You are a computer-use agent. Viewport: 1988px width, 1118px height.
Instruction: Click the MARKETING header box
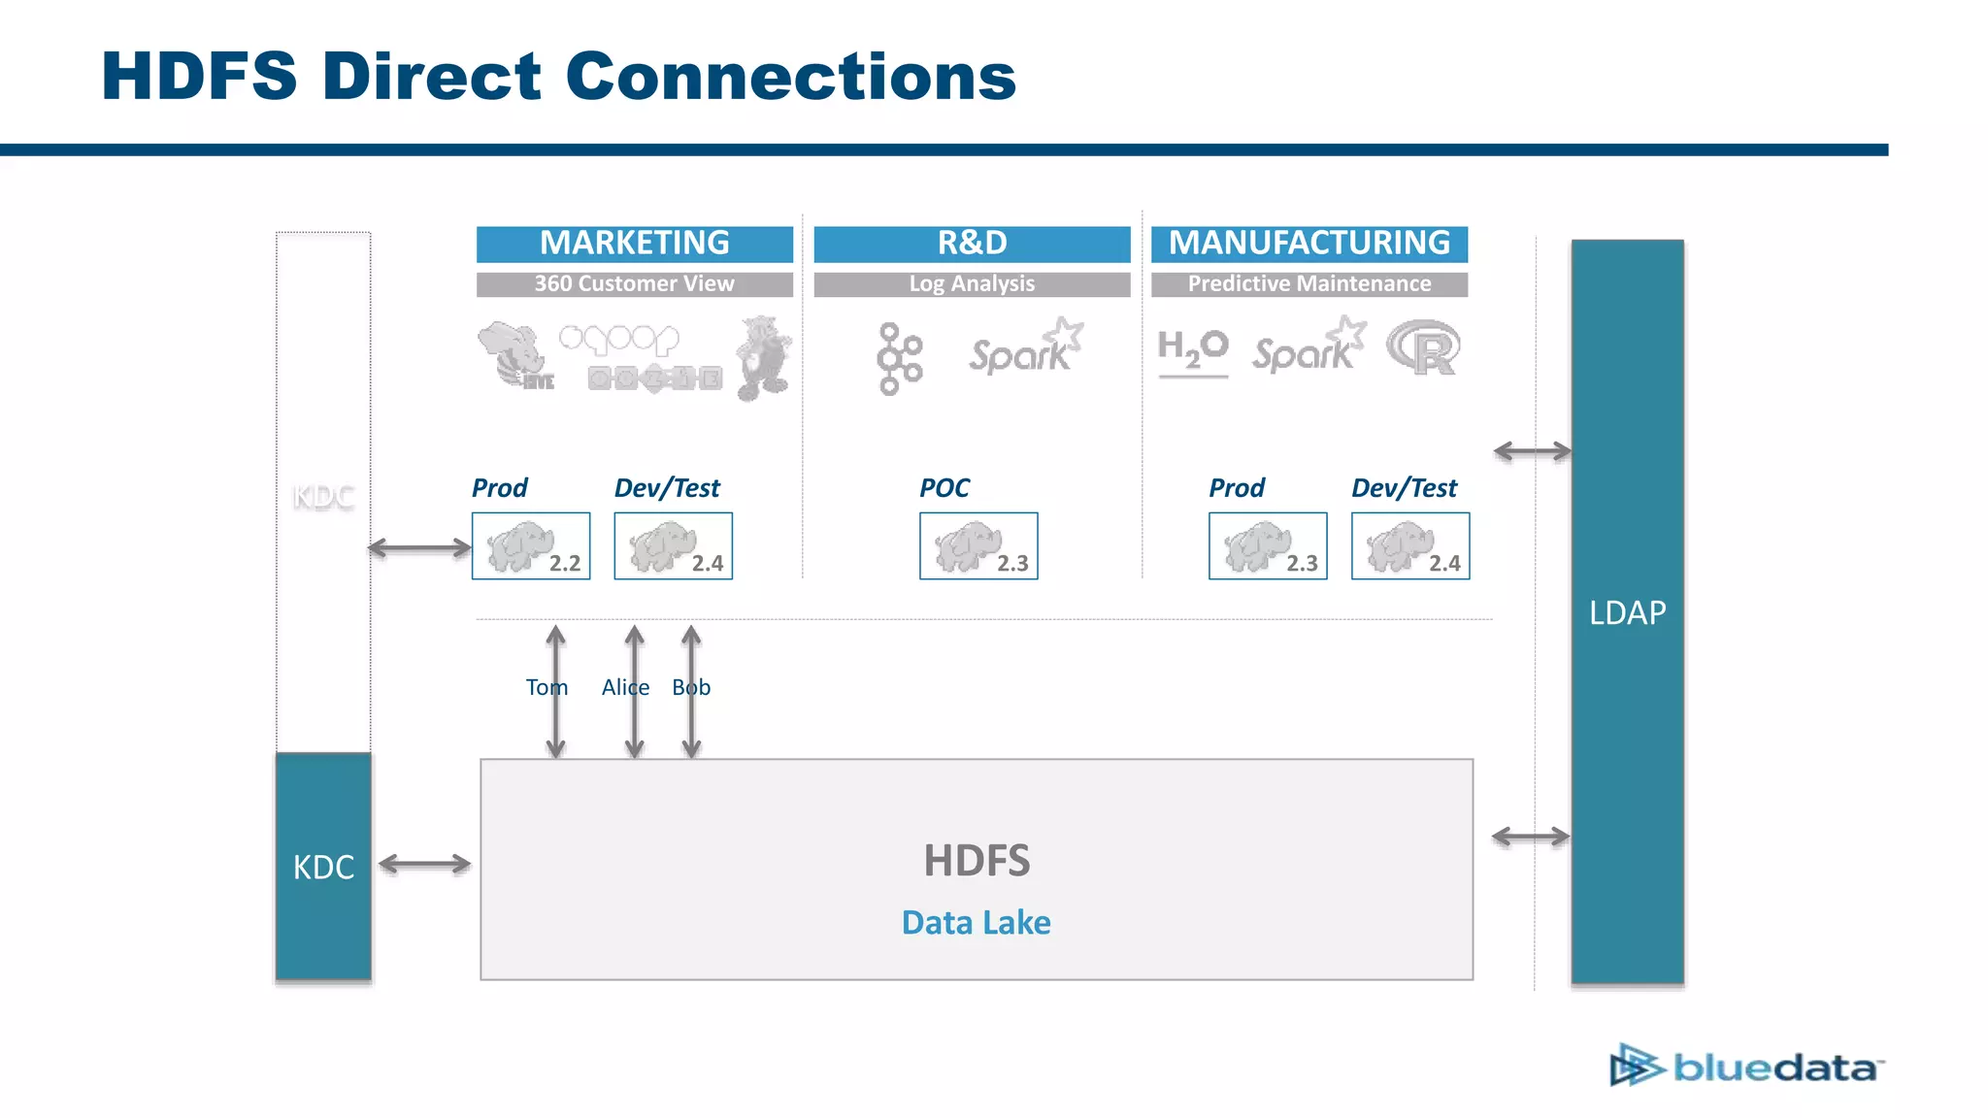[x=634, y=243]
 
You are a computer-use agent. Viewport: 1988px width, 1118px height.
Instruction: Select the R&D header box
[x=972, y=243]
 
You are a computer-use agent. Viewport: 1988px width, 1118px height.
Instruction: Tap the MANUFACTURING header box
[x=1309, y=243]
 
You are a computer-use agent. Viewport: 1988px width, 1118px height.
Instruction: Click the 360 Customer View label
[x=634, y=283]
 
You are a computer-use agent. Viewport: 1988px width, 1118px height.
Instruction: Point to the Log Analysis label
[x=972, y=283]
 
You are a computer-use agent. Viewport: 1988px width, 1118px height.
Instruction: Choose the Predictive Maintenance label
[x=1309, y=283]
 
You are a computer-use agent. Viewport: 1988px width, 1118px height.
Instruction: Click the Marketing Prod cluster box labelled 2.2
[x=531, y=546]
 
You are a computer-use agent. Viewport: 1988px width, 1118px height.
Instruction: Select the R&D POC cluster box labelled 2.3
[x=978, y=546]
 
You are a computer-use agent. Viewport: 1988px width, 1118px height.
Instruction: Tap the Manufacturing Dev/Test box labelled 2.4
[x=1410, y=546]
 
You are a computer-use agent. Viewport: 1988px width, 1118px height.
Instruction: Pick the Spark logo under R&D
[x=1025, y=349]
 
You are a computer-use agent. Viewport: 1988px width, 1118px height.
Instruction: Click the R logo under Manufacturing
[x=1423, y=347]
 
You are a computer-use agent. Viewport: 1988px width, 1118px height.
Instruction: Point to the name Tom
[x=546, y=687]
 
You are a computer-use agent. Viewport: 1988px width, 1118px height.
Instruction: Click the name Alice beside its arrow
[x=624, y=687]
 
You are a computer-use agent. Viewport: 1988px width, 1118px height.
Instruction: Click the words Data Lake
[x=976, y=922]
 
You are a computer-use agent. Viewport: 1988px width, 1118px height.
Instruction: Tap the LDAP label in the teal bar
[x=1627, y=612]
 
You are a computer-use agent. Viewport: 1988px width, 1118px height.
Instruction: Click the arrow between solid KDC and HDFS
[x=424, y=864]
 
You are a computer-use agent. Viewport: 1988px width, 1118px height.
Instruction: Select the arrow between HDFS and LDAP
[x=1530, y=837]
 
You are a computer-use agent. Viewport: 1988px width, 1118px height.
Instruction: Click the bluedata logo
[x=1745, y=1067]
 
